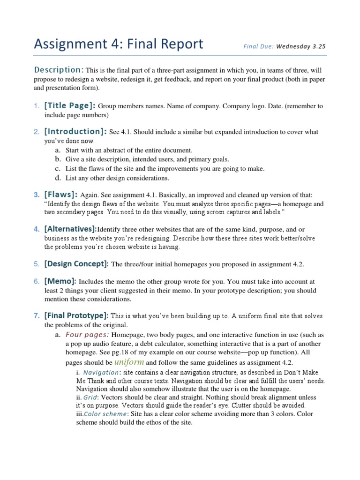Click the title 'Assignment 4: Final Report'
[119, 44]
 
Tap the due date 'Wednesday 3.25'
[300, 46]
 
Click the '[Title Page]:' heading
[70, 105]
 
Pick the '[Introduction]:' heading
[75, 132]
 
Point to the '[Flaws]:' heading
[61, 194]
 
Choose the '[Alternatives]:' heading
[70, 229]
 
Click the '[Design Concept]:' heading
[76, 264]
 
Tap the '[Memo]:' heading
[60, 281]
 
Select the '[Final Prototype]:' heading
[76, 315]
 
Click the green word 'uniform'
[129, 362]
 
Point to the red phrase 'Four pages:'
[88, 335]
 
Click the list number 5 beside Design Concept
[36, 264]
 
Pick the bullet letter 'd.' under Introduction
[58, 178]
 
